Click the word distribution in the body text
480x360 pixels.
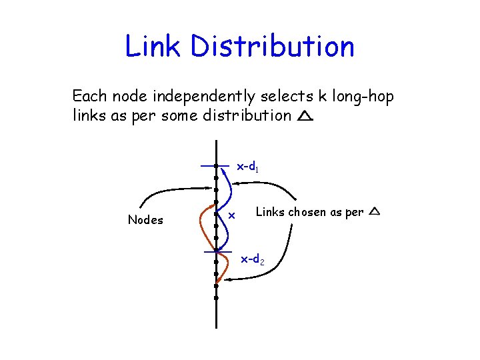(248, 115)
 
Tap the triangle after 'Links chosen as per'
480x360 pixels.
(374, 212)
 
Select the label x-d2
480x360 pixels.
(253, 259)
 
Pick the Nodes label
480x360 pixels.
(145, 220)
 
